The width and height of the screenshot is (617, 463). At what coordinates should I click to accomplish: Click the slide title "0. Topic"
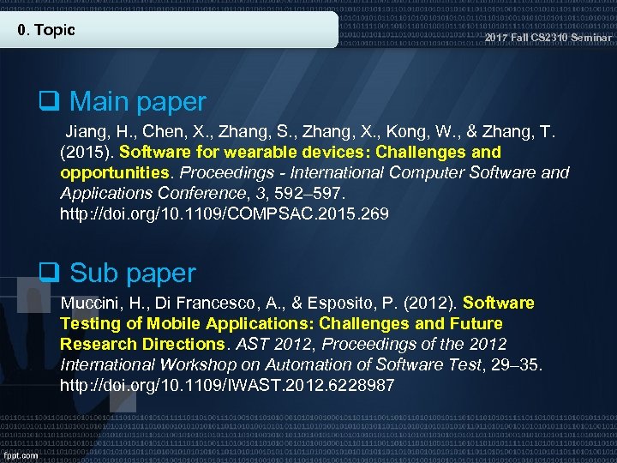tap(46, 30)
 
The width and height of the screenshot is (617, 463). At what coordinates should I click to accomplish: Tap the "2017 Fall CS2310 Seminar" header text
tap(548, 38)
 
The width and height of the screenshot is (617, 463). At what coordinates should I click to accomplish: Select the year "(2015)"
tap(87, 153)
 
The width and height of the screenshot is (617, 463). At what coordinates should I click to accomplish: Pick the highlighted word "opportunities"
tap(108, 172)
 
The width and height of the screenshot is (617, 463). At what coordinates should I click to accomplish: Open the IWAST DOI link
tap(227, 386)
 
